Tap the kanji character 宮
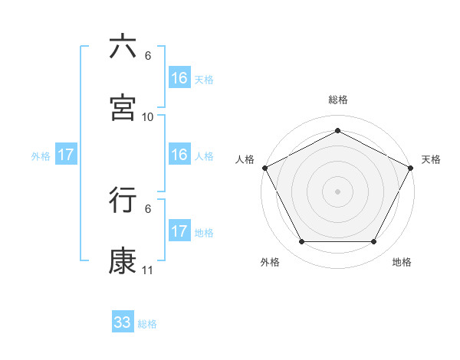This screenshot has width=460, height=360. (123, 107)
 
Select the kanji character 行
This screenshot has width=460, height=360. (123, 200)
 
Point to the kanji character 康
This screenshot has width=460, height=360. (123, 261)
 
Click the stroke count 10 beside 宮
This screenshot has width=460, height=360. (148, 116)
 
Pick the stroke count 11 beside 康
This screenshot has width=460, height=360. (148, 270)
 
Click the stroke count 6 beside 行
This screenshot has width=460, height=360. (148, 208)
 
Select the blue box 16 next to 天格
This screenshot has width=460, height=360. (179, 78)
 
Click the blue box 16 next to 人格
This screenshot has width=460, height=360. (179, 155)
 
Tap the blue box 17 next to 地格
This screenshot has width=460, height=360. (179, 231)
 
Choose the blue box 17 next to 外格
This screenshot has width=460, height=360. (66, 155)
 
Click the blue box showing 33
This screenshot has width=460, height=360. (123, 322)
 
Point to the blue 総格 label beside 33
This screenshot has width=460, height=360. (147, 324)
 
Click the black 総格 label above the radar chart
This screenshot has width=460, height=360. (338, 100)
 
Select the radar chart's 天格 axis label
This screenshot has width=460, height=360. (431, 159)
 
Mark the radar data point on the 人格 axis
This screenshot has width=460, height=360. (264, 167)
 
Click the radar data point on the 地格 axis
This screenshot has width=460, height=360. (374, 242)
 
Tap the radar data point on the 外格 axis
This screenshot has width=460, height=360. (301, 242)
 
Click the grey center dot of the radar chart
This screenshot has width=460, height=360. (338, 191)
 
